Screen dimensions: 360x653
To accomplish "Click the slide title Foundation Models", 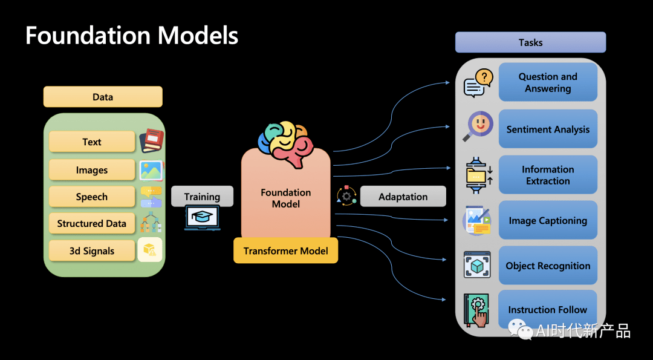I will [x=132, y=36].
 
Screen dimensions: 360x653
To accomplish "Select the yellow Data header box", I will [x=103, y=97].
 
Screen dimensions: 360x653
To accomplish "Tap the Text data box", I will [x=92, y=142].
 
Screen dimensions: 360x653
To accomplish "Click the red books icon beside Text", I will [x=151, y=141].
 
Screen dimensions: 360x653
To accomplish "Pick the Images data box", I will [x=92, y=170].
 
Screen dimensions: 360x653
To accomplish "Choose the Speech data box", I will [x=92, y=197].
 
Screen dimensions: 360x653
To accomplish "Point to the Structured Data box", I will [x=92, y=223].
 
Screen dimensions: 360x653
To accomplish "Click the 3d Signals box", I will [x=92, y=250].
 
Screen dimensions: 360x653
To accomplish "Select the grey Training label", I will [x=202, y=197].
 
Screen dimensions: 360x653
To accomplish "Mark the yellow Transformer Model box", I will [x=285, y=250].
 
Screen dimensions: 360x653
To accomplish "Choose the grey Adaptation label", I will [x=403, y=197].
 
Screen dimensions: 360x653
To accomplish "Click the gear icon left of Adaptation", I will [x=346, y=195].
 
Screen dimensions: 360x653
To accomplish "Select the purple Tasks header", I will [x=530, y=42].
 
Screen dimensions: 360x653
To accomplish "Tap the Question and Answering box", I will [x=548, y=82].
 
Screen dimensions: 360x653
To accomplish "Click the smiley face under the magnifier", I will [x=481, y=124].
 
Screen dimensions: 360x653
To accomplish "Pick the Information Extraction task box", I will [x=548, y=175].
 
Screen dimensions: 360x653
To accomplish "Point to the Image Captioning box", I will [x=548, y=220].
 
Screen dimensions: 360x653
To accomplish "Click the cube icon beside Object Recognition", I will [x=477, y=265].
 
